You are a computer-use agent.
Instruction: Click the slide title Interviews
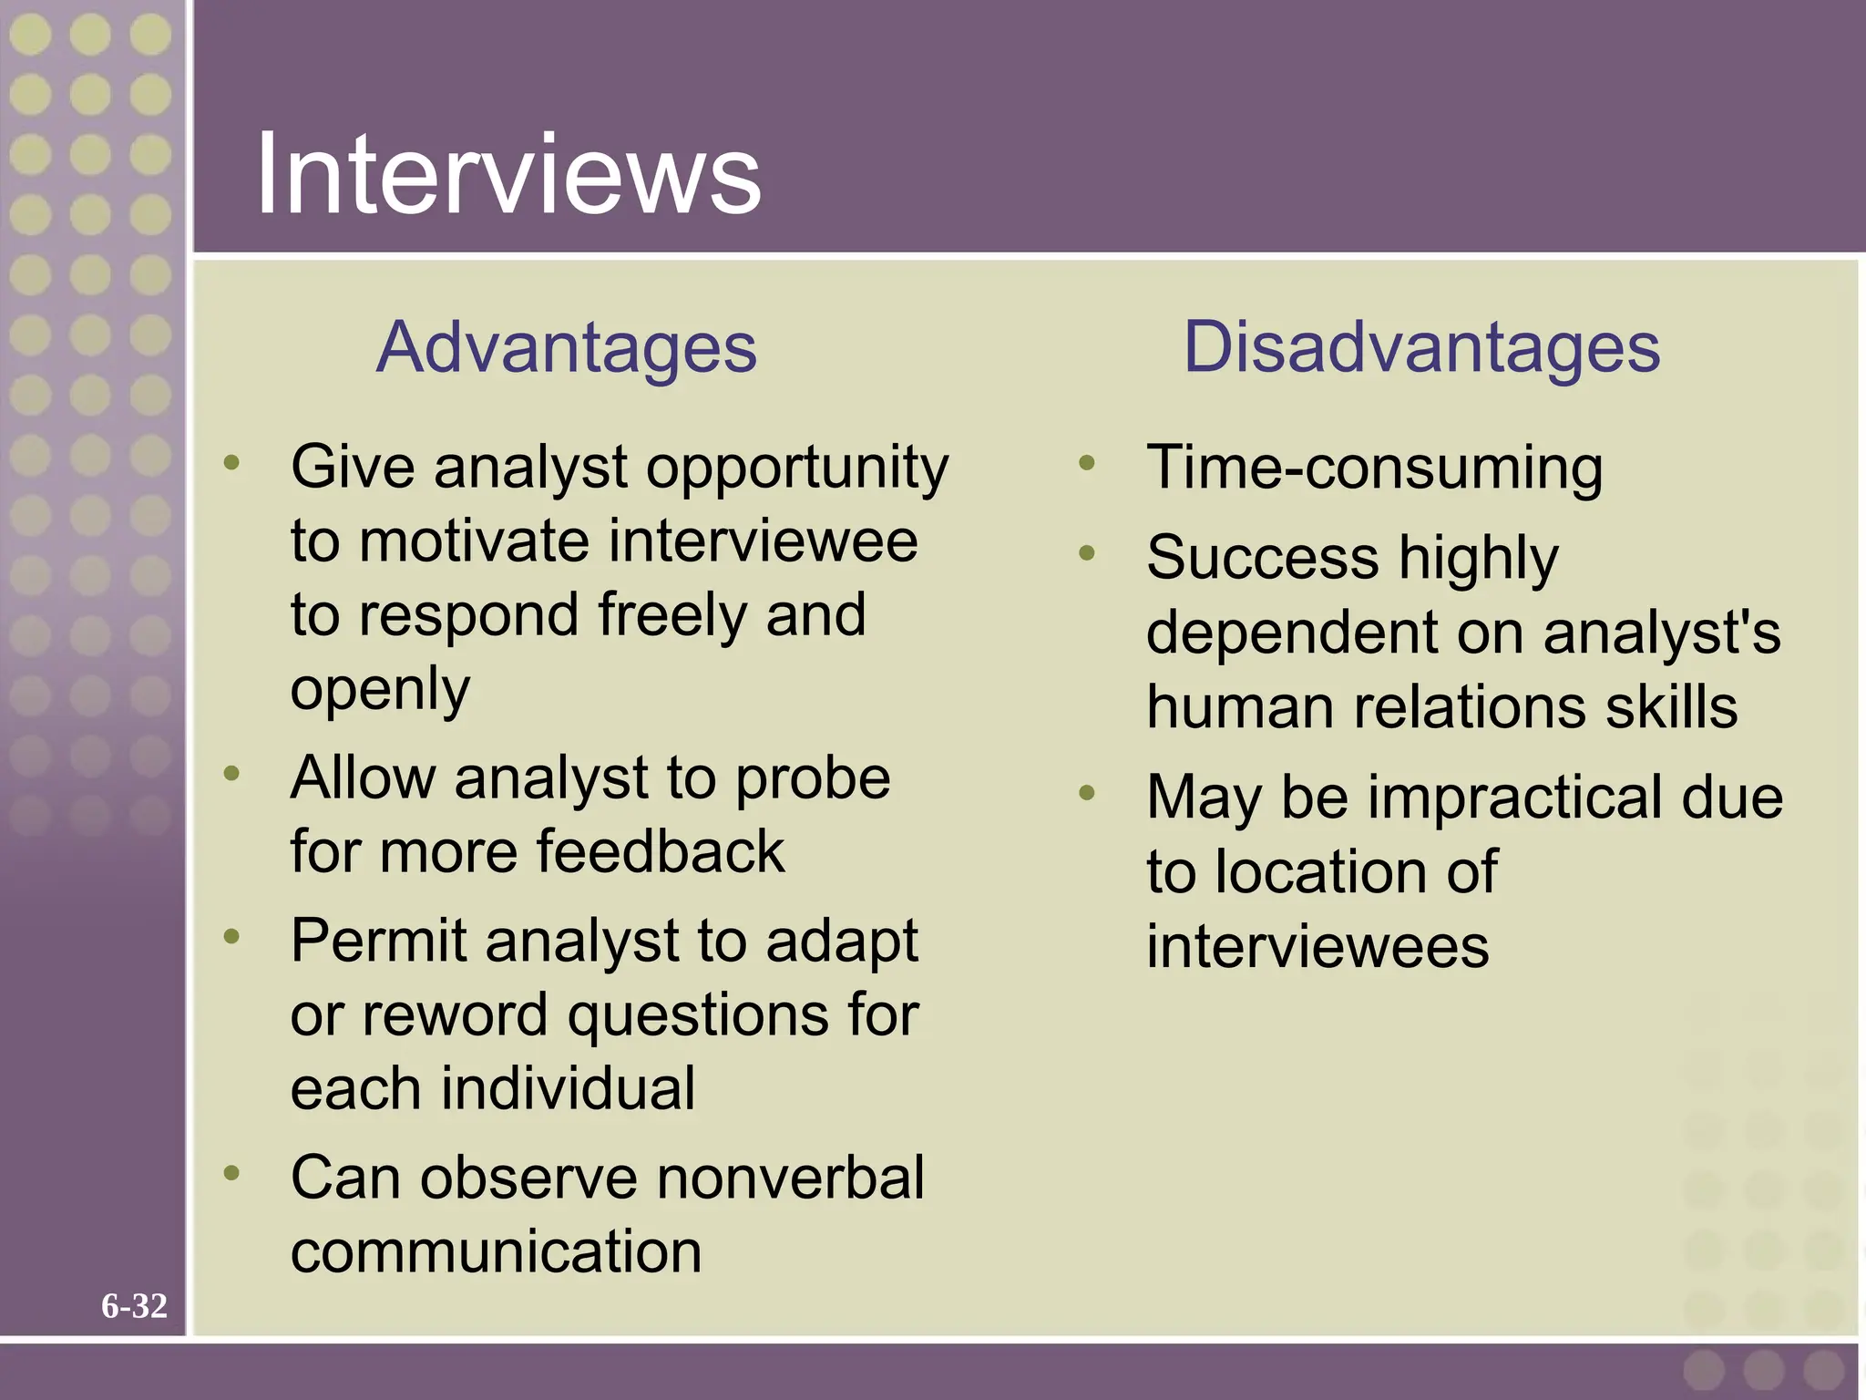coord(508,173)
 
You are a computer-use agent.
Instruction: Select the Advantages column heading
coord(566,347)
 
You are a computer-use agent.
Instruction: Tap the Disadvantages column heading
coord(1421,347)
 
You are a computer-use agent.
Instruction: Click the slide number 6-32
coord(134,1306)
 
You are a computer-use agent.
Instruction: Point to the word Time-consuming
coord(1374,468)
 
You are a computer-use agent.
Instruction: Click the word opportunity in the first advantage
coord(797,468)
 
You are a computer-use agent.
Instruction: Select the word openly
coord(380,690)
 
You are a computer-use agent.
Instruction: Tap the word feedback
coord(660,852)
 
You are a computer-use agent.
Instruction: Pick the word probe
coord(813,778)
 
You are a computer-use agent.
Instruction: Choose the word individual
coord(569,1088)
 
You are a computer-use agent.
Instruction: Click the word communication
coord(496,1251)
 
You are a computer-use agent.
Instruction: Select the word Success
coord(1262,558)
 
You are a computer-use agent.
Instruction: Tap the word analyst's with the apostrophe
coord(1662,633)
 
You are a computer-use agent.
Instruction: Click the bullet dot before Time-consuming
coord(1086,463)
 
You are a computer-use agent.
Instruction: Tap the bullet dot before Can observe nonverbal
coord(231,1172)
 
